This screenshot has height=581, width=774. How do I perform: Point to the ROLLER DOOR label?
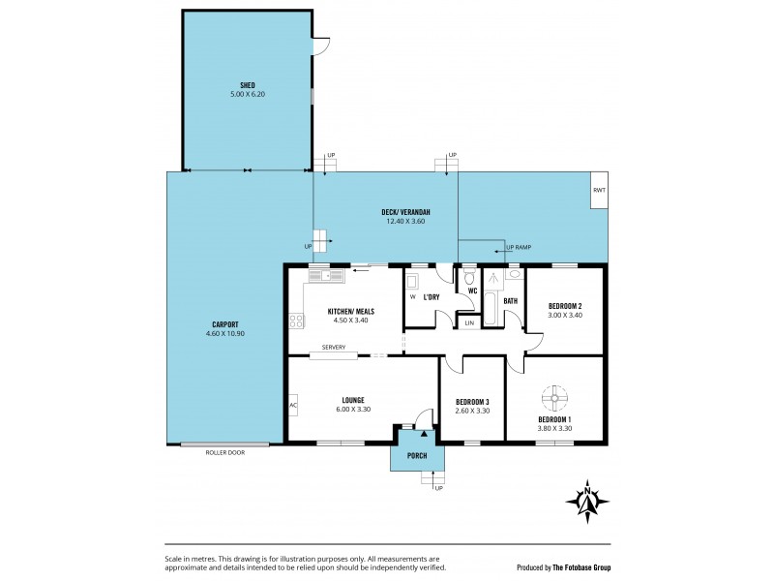[x=225, y=452]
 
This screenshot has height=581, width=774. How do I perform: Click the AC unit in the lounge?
[x=292, y=405]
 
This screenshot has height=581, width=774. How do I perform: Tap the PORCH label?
[x=417, y=456]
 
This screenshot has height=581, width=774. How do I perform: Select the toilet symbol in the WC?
[x=469, y=274]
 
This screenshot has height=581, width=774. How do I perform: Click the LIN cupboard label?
[x=469, y=322]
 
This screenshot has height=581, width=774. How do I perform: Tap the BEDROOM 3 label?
[x=473, y=402]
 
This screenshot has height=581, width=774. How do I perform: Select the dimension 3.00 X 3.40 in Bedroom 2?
[x=563, y=315]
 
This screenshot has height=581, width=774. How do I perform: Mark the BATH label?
[x=511, y=301]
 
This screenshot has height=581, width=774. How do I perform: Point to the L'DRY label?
[x=432, y=297]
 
